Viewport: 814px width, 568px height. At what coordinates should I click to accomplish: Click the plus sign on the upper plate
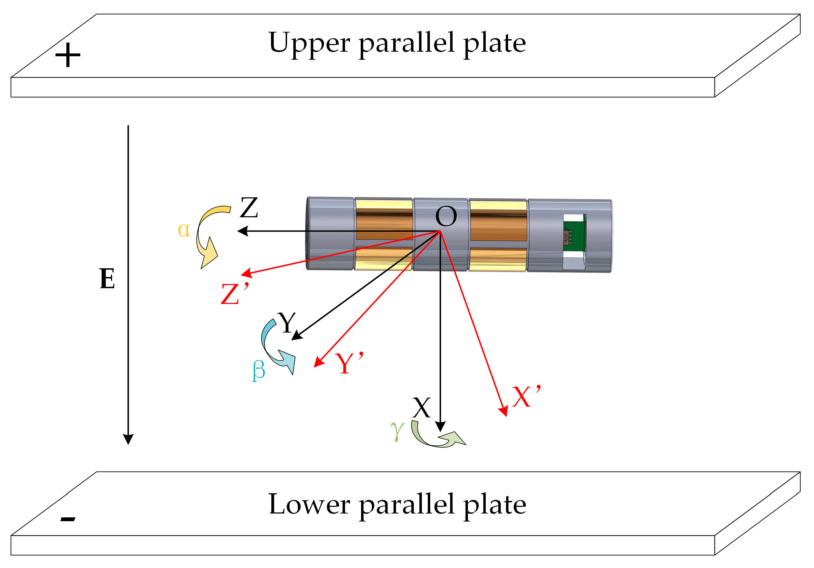click(x=68, y=55)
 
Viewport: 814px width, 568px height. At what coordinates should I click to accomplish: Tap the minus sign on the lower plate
click(x=68, y=520)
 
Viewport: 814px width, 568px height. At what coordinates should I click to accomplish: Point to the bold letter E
click(x=107, y=279)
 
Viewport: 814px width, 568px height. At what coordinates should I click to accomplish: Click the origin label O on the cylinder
click(x=446, y=217)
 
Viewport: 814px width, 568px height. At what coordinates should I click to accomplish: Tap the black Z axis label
click(x=249, y=208)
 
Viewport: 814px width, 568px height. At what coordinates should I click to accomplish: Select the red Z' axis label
click(x=234, y=293)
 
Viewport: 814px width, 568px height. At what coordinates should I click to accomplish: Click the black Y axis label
click(x=287, y=322)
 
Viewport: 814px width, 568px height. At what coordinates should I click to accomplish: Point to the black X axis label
click(x=421, y=408)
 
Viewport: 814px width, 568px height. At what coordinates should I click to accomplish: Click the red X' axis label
click(x=526, y=396)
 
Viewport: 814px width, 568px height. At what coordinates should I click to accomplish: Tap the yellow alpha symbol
click(x=184, y=231)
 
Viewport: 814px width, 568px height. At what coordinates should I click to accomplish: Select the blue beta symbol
click(x=258, y=371)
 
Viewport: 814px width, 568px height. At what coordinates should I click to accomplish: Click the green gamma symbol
click(x=397, y=431)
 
